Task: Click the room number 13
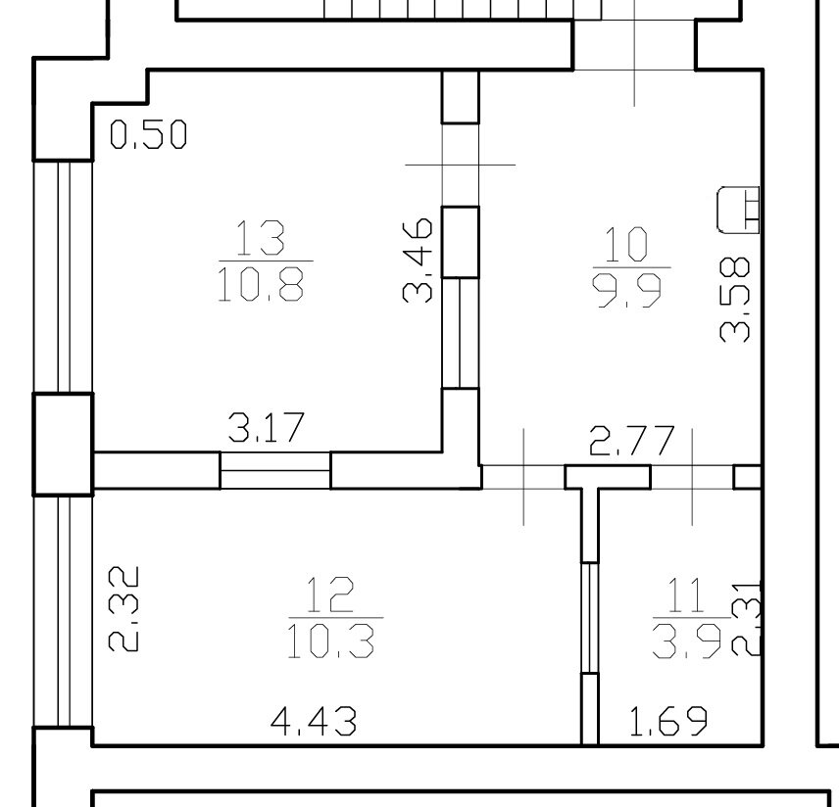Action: tap(260, 237)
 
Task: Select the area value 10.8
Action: tap(261, 284)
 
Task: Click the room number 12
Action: tap(330, 594)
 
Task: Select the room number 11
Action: tap(686, 594)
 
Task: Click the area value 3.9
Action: tap(687, 641)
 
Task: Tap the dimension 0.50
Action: tap(148, 134)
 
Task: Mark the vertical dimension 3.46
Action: tap(418, 260)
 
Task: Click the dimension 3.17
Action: tap(267, 427)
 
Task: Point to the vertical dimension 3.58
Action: tap(735, 300)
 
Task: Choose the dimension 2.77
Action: tap(631, 441)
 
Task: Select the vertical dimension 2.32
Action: tap(123, 609)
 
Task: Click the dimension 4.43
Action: tap(314, 721)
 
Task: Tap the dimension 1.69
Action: tap(668, 721)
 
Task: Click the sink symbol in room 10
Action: tap(738, 211)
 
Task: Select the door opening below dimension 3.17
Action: tap(275, 470)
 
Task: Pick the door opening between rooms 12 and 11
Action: tap(590, 618)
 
